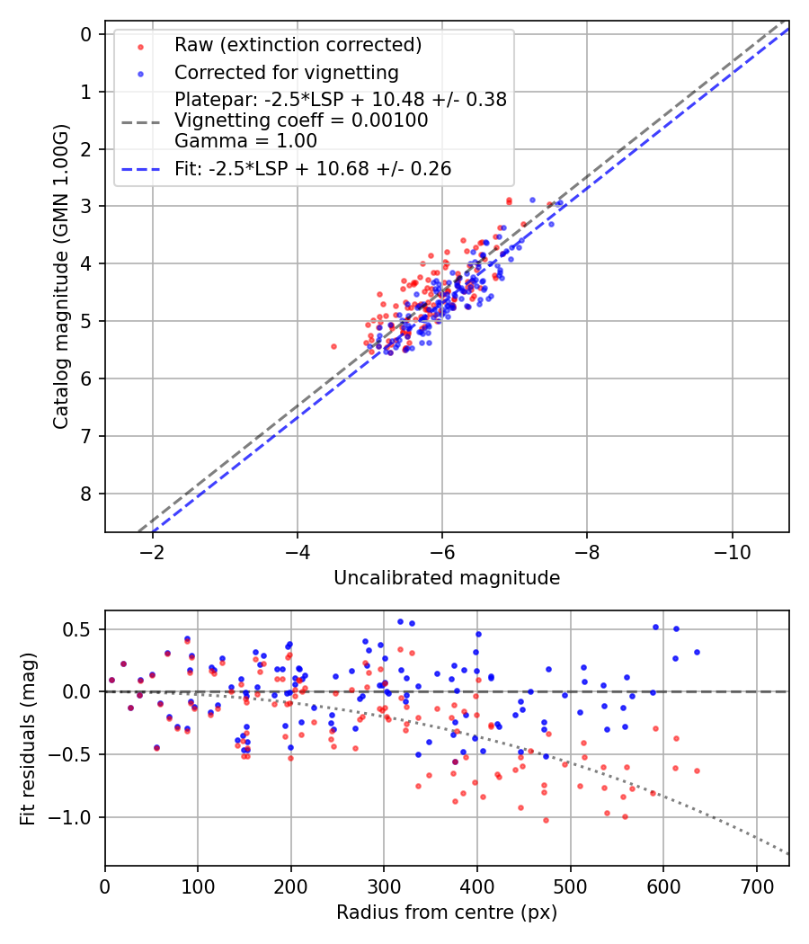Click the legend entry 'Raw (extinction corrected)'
(298, 45)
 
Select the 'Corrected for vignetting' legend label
(286, 72)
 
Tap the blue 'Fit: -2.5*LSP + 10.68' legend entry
(313, 168)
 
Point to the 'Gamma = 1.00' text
(245, 140)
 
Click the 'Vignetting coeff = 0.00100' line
(301, 120)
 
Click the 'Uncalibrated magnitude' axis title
(447, 578)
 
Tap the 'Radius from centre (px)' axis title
(447, 913)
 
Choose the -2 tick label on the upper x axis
(152, 549)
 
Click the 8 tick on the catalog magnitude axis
(87, 494)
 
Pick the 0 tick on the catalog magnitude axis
(87, 34)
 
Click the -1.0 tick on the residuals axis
(77, 817)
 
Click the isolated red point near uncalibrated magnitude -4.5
(333, 346)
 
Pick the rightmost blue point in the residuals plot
(697, 652)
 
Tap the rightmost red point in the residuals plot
(697, 770)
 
